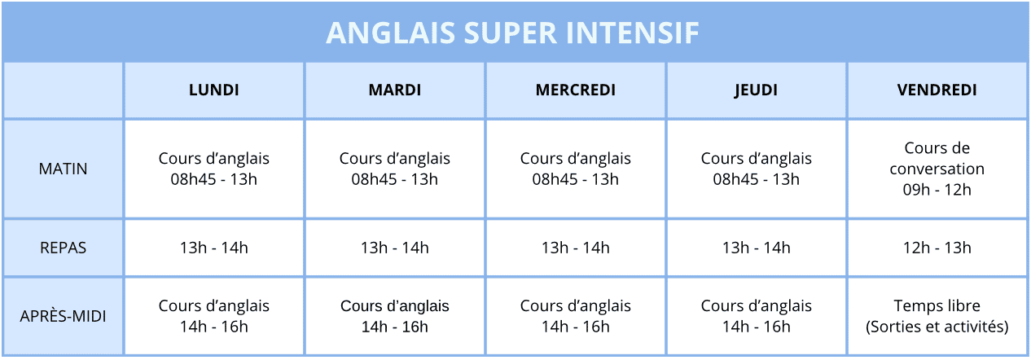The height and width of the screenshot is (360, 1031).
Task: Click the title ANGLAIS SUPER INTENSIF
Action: pyautogui.click(x=512, y=33)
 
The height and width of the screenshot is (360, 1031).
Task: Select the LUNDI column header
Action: pyautogui.click(x=214, y=90)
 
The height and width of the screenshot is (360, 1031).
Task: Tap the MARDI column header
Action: pyautogui.click(x=395, y=90)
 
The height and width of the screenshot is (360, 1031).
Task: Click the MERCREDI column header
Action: pyautogui.click(x=575, y=90)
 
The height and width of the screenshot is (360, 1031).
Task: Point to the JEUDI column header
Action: pyautogui.click(x=756, y=90)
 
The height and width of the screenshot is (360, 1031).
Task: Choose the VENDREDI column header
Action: pyautogui.click(x=937, y=90)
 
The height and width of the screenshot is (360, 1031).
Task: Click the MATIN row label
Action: pyautogui.click(x=63, y=169)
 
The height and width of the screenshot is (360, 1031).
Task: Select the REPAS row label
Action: pyautogui.click(x=63, y=248)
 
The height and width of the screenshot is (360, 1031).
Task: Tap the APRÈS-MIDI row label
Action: pyautogui.click(x=63, y=316)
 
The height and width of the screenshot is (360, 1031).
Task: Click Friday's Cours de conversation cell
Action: pyautogui.click(x=937, y=169)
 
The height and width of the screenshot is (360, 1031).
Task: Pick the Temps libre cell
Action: pyautogui.click(x=937, y=316)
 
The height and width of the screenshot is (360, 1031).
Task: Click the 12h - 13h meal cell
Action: pyautogui.click(x=937, y=248)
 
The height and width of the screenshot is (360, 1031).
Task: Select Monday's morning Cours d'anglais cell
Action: pyautogui.click(x=214, y=169)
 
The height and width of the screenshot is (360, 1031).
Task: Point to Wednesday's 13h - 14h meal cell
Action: pyautogui.click(x=575, y=248)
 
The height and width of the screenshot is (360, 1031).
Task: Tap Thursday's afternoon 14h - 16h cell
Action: pyautogui.click(x=756, y=316)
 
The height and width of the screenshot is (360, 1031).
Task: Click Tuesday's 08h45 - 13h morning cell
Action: pyautogui.click(x=395, y=169)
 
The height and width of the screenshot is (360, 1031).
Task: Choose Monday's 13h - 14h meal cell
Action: pyautogui.click(x=214, y=248)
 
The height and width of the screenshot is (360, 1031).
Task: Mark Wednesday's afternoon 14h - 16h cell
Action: pyautogui.click(x=575, y=316)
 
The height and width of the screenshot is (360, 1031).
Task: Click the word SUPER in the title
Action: pyautogui.click(x=511, y=33)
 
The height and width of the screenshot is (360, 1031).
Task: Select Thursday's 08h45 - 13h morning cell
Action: pyautogui.click(x=756, y=169)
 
